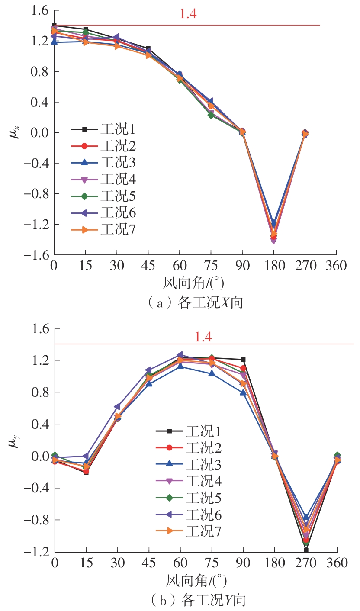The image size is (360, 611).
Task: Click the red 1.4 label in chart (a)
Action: [188, 14]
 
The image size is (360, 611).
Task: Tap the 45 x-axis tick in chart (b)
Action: [149, 563]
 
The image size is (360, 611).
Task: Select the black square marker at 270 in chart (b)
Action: [306, 550]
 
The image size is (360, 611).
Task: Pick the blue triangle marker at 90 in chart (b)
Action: [243, 392]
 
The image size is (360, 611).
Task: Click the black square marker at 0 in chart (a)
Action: [54, 26]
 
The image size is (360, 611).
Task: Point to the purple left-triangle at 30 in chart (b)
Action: [117, 407]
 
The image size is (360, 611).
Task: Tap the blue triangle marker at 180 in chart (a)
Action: [273, 222]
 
